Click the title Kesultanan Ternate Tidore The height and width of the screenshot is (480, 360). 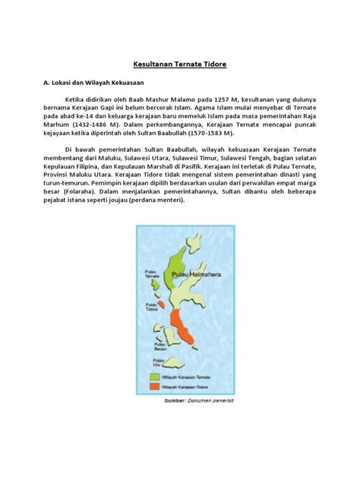pos(180,66)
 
